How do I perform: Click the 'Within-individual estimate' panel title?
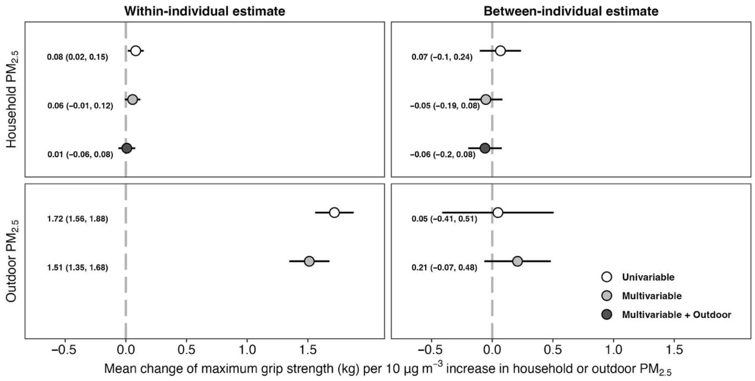tap(204, 11)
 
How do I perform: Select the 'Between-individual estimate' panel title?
tap(571, 11)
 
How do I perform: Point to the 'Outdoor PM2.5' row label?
tap(12, 261)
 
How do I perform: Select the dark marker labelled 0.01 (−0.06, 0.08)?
tap(126, 148)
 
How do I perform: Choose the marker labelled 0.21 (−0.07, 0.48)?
tap(518, 261)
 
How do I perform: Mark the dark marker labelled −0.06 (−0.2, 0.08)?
tap(485, 148)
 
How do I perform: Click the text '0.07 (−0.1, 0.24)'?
tap(442, 57)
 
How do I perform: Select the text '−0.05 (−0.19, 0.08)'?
tap(445, 106)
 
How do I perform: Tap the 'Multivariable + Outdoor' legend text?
tap(676, 315)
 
